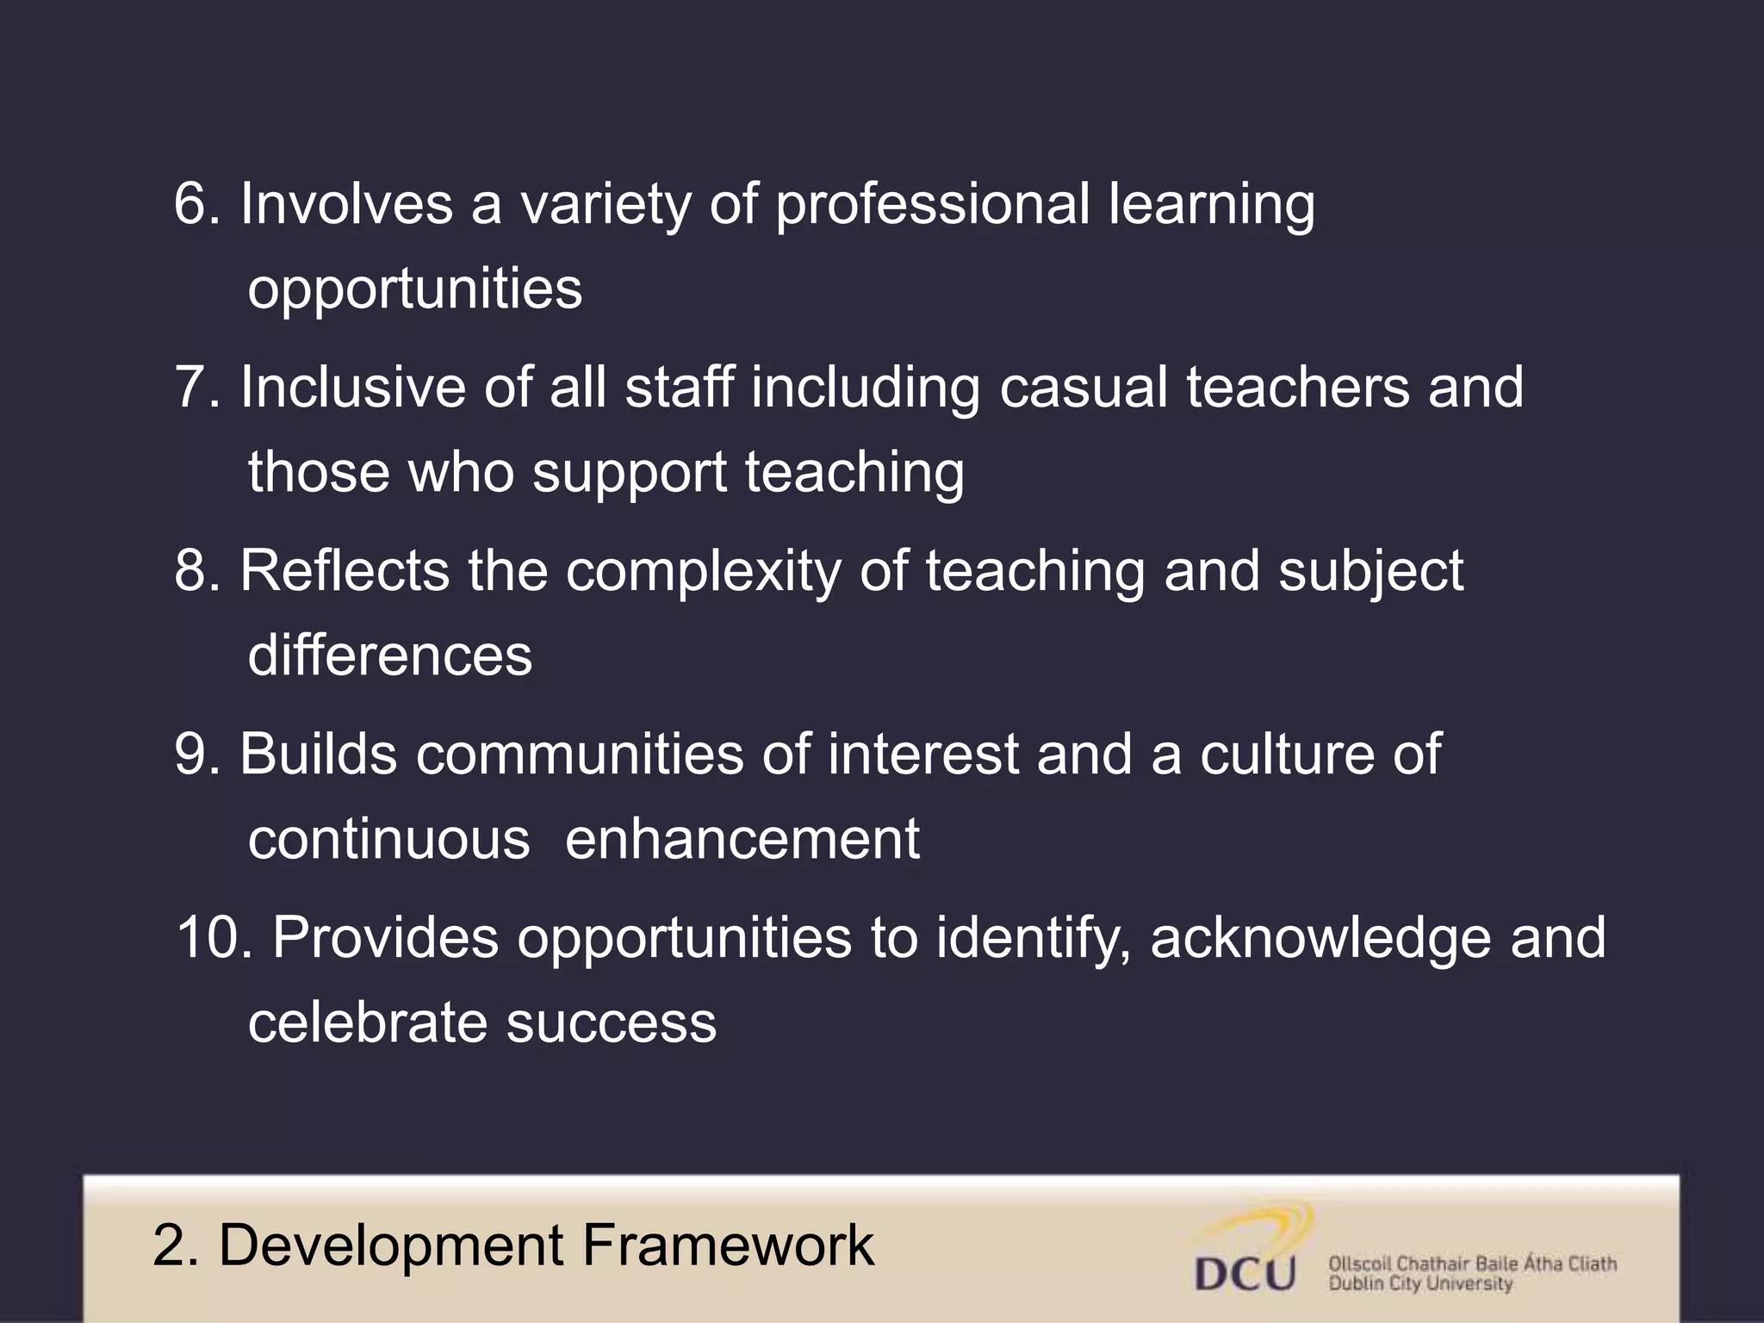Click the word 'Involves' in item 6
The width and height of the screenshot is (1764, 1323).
click(x=346, y=204)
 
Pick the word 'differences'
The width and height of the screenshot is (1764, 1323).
click(x=390, y=655)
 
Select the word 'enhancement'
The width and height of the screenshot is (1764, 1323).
click(x=742, y=839)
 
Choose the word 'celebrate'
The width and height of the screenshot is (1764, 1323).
click(x=368, y=1022)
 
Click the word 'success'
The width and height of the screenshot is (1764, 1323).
click(x=611, y=1024)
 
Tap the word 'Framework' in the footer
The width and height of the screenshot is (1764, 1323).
click(x=728, y=1245)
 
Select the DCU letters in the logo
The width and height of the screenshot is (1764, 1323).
click(x=1245, y=1275)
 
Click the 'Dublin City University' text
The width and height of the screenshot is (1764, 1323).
click(x=1419, y=1284)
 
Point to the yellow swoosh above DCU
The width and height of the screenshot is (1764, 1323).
click(x=1266, y=1228)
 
